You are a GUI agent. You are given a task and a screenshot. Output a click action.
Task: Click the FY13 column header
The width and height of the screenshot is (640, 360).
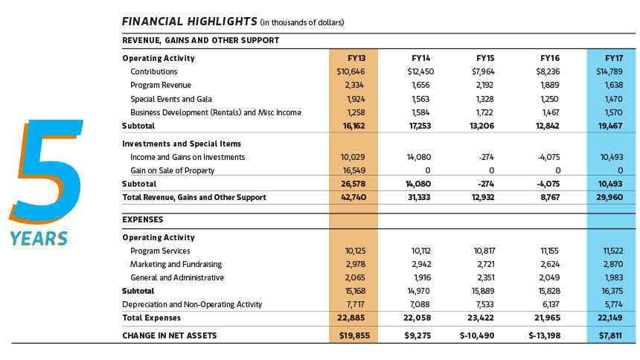click(356, 58)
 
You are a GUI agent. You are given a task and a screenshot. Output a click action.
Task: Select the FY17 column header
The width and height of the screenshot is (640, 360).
click(614, 58)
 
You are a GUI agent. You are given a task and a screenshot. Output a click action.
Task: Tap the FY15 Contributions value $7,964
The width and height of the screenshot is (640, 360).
click(483, 72)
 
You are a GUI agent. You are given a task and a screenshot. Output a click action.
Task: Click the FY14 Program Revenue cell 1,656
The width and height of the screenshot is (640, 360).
click(420, 86)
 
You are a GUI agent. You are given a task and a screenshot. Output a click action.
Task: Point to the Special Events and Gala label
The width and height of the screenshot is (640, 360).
click(171, 99)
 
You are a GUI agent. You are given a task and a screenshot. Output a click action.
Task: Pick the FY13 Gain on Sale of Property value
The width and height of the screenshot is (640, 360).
click(353, 170)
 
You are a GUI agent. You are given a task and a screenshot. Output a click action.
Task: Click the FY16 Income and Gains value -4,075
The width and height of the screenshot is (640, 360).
click(548, 157)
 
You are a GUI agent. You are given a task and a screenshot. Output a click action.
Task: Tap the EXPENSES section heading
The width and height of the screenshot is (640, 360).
click(142, 219)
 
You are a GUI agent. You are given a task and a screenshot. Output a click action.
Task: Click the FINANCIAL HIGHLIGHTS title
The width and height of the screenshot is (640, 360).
click(190, 22)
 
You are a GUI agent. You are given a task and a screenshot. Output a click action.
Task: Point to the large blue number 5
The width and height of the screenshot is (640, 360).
click(47, 171)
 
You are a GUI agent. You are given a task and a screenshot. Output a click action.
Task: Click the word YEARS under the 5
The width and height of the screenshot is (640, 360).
click(39, 239)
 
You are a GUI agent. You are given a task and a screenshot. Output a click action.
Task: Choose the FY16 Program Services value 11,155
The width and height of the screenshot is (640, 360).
click(549, 251)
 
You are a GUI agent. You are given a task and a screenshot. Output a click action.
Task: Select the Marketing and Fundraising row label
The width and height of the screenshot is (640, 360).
click(176, 265)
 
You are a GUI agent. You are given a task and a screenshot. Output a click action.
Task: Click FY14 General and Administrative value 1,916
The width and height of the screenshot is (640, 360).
click(422, 278)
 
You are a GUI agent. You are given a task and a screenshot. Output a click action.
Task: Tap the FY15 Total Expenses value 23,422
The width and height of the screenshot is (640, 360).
click(481, 318)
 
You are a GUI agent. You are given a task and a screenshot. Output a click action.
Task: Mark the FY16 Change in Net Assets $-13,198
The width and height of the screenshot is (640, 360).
click(545, 336)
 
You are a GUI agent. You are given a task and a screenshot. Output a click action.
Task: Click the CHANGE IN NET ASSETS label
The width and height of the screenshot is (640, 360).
click(170, 336)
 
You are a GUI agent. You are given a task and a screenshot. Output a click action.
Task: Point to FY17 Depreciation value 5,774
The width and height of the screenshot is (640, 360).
click(613, 304)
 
